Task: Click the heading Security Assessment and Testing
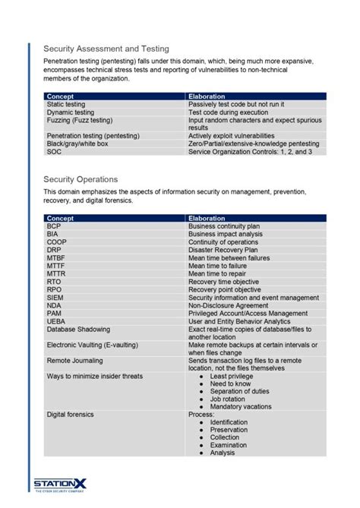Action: (x=106, y=49)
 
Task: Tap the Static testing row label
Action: (x=66, y=104)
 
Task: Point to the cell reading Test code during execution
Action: (x=227, y=112)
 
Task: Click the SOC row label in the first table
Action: (x=54, y=152)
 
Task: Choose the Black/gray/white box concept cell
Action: (x=77, y=144)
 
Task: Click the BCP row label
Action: (x=53, y=226)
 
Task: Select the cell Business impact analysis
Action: (x=226, y=234)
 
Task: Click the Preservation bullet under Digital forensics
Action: (x=230, y=430)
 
